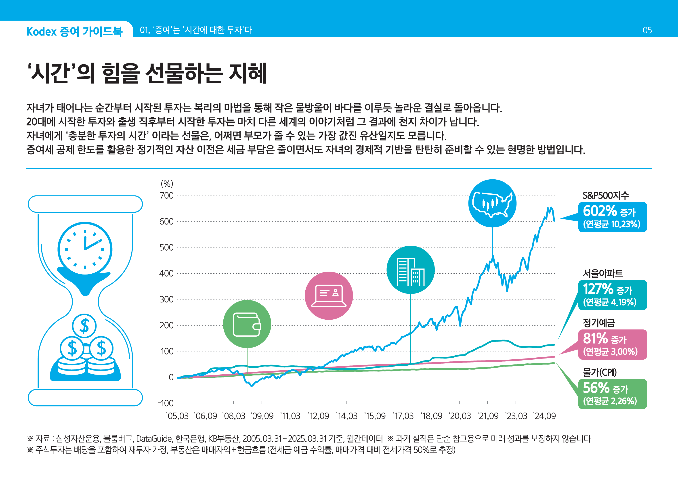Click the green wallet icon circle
pyautogui.click(x=247, y=324)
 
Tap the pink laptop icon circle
pyautogui.click(x=329, y=296)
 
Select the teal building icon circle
pyautogui.click(x=411, y=270)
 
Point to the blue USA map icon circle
pyautogui.click(x=492, y=203)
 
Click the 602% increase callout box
pyautogui.click(x=612, y=217)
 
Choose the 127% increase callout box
pyautogui.click(x=612, y=295)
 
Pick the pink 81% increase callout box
pyautogui.click(x=612, y=344)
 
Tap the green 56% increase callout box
pyautogui.click(x=612, y=394)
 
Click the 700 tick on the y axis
pyautogui.click(x=166, y=196)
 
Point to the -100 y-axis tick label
pyautogui.click(x=166, y=403)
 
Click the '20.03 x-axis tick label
pyautogui.click(x=460, y=416)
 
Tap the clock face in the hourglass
pyautogui.click(x=85, y=249)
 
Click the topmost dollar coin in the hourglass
pyautogui.click(x=84, y=326)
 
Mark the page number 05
pyautogui.click(x=647, y=30)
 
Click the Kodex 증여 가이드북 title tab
pyautogui.click(x=74, y=31)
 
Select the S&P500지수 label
pyautogui.click(x=606, y=195)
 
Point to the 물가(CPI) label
pyautogui.click(x=599, y=372)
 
